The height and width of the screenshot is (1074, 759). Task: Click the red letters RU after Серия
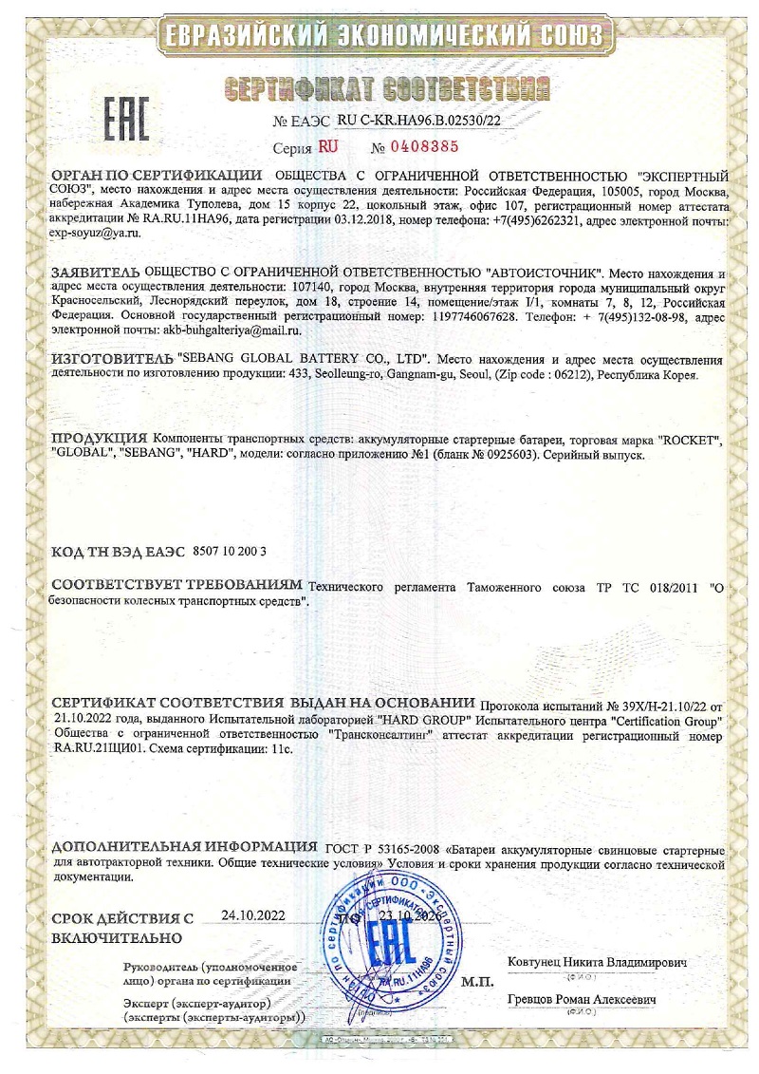pyautogui.click(x=328, y=147)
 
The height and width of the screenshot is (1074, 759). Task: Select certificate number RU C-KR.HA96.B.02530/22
pyautogui.click(x=418, y=122)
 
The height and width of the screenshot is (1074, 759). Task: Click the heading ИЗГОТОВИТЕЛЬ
pyautogui.click(x=112, y=359)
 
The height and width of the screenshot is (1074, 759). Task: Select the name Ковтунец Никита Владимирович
pyautogui.click(x=598, y=962)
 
